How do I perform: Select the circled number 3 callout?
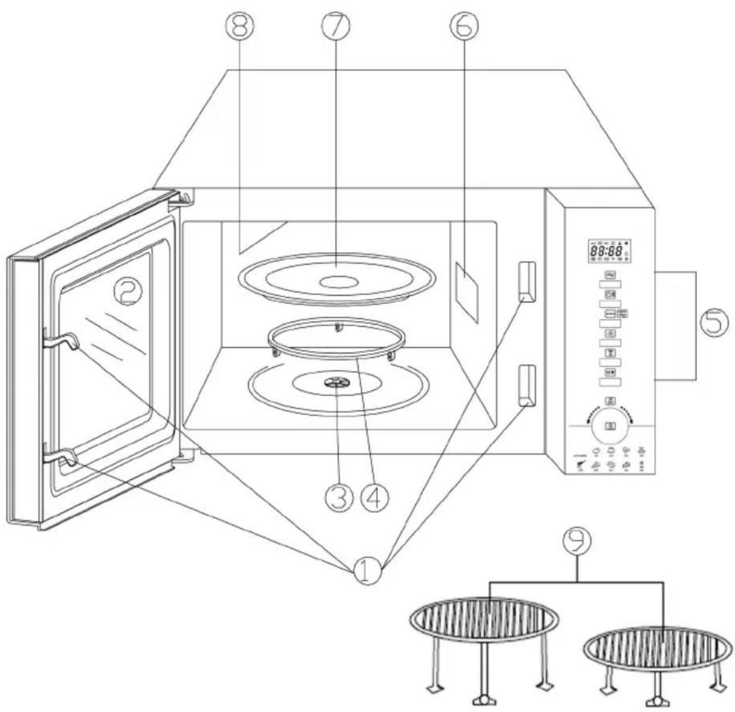(339, 497)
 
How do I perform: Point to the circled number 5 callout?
(714, 323)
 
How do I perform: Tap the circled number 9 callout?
(576, 541)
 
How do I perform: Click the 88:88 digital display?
(606, 251)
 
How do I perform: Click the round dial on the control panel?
(610, 426)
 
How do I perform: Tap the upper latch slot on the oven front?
(526, 282)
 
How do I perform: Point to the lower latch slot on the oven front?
(526, 385)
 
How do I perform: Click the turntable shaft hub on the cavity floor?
(338, 383)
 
